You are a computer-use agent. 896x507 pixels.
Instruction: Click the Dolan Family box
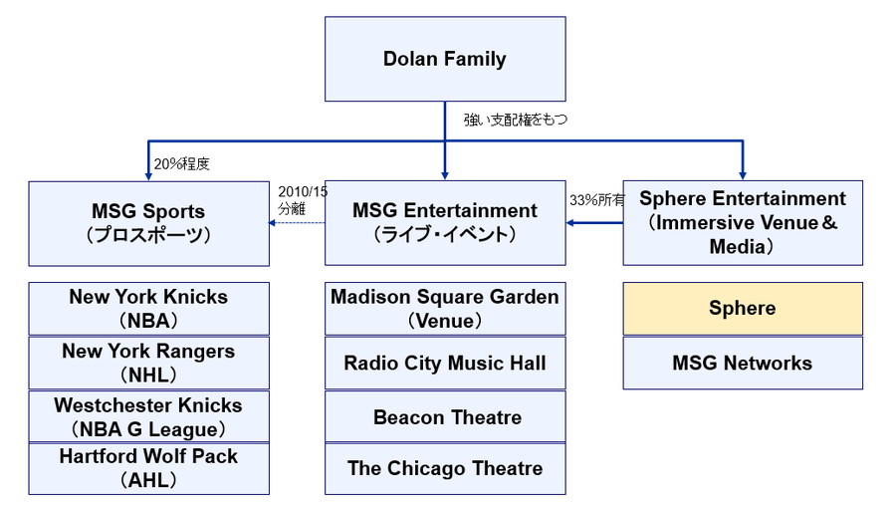[x=444, y=59]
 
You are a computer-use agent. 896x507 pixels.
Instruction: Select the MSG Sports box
[x=148, y=222]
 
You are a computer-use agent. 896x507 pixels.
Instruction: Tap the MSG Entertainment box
[x=445, y=222]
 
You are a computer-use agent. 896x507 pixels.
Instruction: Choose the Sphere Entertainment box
[x=743, y=222]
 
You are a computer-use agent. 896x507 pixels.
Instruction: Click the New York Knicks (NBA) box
[x=148, y=309]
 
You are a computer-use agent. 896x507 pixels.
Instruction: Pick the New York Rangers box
[x=148, y=363]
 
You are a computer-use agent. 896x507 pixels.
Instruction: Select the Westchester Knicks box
[x=148, y=416]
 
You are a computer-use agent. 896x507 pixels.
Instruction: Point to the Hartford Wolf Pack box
[x=148, y=468]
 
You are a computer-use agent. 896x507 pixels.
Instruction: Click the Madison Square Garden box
[x=445, y=309]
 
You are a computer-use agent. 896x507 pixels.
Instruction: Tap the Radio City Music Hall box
[x=445, y=363]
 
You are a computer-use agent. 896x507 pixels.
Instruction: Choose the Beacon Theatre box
[x=445, y=416]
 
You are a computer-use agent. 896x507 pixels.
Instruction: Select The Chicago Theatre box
[x=445, y=468]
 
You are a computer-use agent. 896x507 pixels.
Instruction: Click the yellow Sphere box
[x=743, y=309]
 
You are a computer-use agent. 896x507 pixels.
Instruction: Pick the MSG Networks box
[x=743, y=363]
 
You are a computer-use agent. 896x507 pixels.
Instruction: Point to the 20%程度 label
[x=182, y=162]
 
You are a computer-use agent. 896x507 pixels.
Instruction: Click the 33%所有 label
[x=596, y=199]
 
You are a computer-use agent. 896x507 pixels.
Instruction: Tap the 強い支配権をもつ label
[x=515, y=119]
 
